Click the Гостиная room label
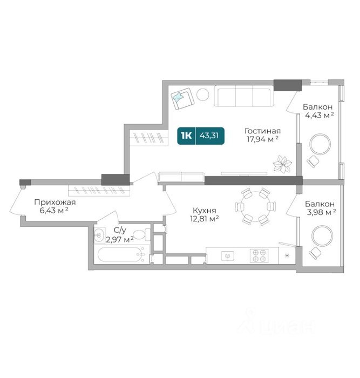coord(262,131)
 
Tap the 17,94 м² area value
coord(262,139)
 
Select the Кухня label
coord(205,211)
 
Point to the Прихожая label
coord(55,202)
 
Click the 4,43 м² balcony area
coord(320,115)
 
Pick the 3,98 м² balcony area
coord(321,212)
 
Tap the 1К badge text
coord(186,136)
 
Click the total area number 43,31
coord(209,136)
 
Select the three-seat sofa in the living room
coord(244,96)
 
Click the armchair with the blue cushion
coord(182,98)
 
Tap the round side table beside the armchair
coord(202,94)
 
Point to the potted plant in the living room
coord(282,164)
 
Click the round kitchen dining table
coord(255,207)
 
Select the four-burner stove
coord(259,256)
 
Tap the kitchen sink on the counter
coord(227,256)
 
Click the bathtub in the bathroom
coord(120,254)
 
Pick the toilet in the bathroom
coord(141,235)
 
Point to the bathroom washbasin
coord(98,234)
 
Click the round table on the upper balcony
coord(320,144)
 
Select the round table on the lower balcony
coord(322,236)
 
